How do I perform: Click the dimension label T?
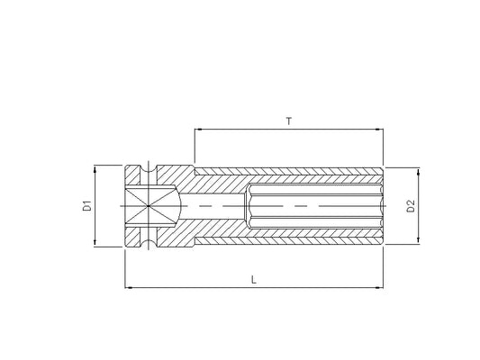(289, 121)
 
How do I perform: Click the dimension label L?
(253, 280)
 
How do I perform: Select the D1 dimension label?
(87, 205)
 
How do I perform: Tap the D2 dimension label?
(411, 206)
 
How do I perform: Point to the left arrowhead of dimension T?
(198, 130)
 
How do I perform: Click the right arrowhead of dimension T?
(380, 130)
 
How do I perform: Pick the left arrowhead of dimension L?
(129, 287)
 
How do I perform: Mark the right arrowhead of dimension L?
(380, 287)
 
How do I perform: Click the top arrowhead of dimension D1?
(95, 169)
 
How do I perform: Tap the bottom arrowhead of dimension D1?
(95, 243)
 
